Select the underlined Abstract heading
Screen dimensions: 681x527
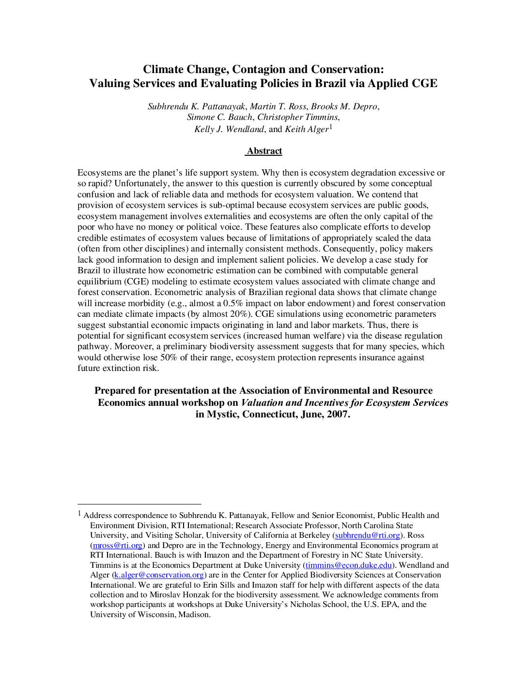tap(264, 151)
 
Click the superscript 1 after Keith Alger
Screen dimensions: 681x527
tap(330, 127)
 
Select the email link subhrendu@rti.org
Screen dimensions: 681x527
tap(368, 535)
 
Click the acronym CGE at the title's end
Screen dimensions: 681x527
tap(424, 83)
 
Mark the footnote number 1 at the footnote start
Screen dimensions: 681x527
tap(79, 514)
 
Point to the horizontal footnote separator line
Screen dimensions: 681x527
tap(139, 504)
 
